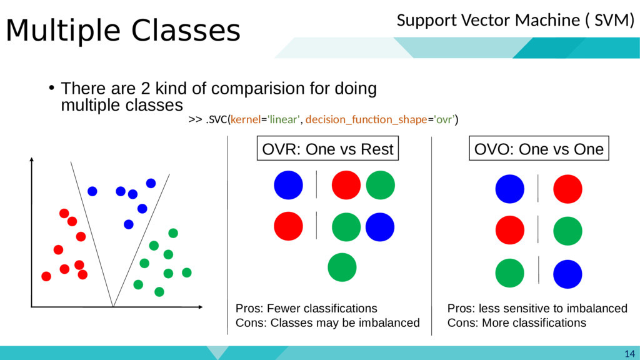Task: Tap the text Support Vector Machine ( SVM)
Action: (516, 20)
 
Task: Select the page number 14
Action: (629, 354)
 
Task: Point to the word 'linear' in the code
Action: (284, 119)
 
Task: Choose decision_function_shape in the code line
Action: (366, 119)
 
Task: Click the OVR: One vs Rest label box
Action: (327, 149)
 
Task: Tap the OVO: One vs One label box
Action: (539, 149)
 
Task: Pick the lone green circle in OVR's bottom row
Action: (342, 267)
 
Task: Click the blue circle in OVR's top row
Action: (288, 185)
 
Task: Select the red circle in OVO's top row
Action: (567, 189)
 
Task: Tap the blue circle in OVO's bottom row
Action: (567, 274)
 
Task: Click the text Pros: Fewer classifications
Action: (306, 308)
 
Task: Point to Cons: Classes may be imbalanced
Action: (327, 322)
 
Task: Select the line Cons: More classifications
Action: (517, 322)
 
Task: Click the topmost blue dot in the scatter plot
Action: (151, 183)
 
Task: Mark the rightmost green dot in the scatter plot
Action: (186, 272)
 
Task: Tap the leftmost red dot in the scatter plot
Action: (46, 276)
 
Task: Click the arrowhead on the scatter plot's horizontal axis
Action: (201, 306)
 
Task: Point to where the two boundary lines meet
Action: (112, 306)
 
